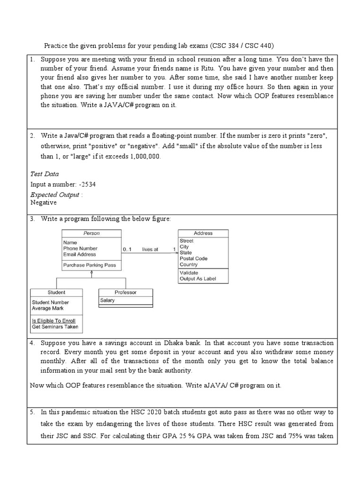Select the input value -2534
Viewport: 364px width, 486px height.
90,184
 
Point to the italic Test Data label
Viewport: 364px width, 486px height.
45,174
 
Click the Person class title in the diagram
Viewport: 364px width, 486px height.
91,233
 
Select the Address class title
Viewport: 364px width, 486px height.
203,233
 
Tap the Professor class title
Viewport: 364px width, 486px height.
126,292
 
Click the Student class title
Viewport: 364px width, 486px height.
56,292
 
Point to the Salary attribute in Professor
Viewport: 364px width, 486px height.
108,300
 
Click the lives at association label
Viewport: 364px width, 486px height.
150,249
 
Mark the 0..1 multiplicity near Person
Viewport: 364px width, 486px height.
127,249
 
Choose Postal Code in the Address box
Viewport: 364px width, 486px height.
193,259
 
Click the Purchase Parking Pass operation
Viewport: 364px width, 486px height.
90,265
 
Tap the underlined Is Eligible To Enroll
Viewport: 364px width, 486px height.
54,321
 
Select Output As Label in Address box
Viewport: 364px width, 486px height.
198,279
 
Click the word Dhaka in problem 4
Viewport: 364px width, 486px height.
173,343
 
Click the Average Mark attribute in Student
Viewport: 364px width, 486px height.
48,308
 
